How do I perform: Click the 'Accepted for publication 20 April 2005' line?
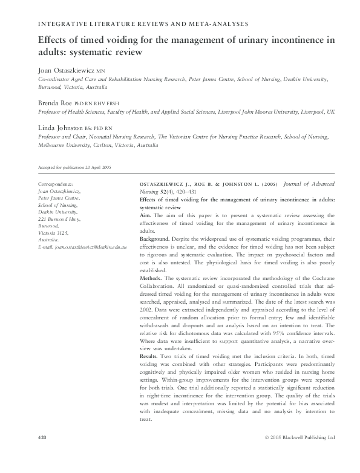tap(74, 167)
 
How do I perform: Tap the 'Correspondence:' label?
tap(56, 183)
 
